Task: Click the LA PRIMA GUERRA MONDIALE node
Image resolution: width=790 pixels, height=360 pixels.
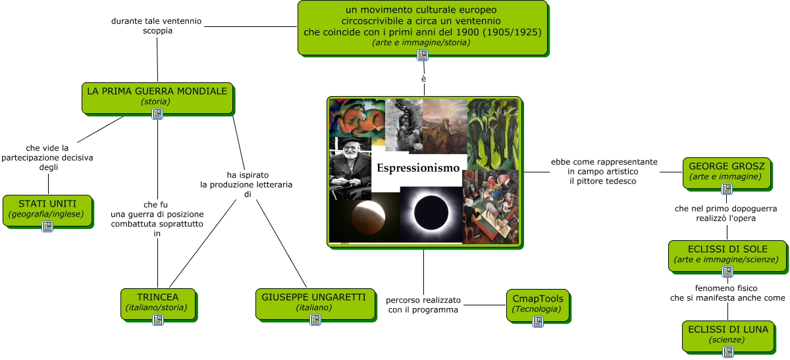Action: click(x=157, y=98)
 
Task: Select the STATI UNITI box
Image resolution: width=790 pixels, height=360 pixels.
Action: click(x=47, y=211)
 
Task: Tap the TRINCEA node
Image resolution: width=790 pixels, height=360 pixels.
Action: click(x=157, y=304)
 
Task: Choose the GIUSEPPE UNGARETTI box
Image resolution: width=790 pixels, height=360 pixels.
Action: click(x=315, y=304)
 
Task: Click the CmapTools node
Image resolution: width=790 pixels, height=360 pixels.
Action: click(x=537, y=305)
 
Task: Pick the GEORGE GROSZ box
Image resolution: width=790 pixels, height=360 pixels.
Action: click(x=727, y=173)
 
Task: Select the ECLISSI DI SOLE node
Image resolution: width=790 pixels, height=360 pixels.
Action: click(x=727, y=256)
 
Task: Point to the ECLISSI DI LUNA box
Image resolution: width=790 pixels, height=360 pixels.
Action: click(x=728, y=336)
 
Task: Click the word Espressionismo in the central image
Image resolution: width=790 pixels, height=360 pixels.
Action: click(x=418, y=168)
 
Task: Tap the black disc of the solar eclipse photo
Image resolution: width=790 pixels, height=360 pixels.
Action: click(x=431, y=213)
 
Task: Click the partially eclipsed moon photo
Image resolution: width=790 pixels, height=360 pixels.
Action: click(x=365, y=221)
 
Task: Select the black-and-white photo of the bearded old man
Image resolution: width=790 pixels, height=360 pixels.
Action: click(x=350, y=168)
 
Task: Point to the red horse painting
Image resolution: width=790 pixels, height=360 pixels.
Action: click(x=357, y=118)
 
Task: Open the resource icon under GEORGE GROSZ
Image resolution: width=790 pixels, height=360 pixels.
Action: click(x=727, y=189)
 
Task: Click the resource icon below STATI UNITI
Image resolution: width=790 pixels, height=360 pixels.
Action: click(x=47, y=226)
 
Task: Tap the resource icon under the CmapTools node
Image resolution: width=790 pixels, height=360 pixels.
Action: click(x=538, y=322)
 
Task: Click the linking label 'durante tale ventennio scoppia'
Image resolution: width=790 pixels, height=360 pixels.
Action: click(x=157, y=26)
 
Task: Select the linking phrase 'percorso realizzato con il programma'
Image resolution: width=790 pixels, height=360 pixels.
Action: click(x=423, y=305)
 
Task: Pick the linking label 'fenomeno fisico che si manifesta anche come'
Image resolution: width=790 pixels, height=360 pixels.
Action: click(x=727, y=293)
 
